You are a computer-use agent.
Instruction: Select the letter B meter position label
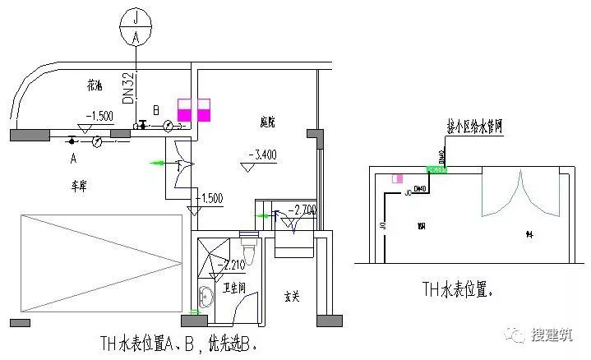click(x=156, y=109)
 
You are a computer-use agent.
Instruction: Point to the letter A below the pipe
click(x=73, y=155)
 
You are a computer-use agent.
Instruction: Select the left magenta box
click(x=185, y=111)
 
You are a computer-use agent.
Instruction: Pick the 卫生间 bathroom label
click(x=234, y=288)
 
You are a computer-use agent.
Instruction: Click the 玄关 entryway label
click(x=291, y=296)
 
